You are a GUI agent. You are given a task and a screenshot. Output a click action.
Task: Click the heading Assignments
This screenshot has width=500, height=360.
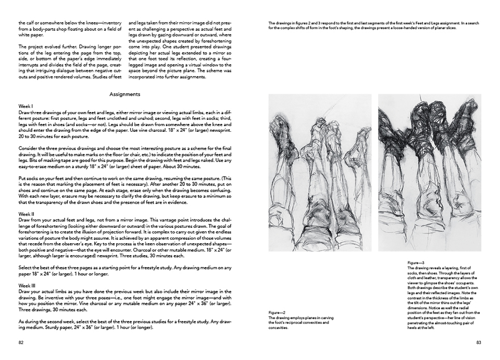point(125,94)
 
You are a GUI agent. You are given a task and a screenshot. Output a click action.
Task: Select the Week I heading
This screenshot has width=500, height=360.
point(26,106)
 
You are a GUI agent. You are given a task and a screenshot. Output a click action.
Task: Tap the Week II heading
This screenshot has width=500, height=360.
point(27,214)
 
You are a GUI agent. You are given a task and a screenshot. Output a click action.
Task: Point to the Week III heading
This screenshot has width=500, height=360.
point(27,285)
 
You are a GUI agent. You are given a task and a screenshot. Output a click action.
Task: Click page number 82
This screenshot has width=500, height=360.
point(21,342)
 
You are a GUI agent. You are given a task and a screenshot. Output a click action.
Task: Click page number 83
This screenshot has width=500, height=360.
point(479,342)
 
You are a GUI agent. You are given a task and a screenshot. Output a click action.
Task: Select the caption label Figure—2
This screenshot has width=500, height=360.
point(277,312)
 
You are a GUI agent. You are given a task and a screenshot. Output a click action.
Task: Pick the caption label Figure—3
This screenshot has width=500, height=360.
point(416,263)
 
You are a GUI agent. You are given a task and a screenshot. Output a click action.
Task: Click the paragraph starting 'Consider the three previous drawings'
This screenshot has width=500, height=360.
point(125,157)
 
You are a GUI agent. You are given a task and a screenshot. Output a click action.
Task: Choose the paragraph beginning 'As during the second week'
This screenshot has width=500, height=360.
point(125,324)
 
